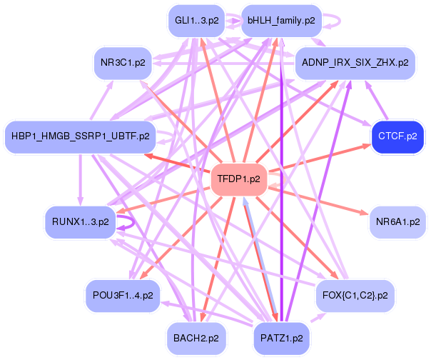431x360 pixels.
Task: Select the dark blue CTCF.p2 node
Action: click(x=396, y=136)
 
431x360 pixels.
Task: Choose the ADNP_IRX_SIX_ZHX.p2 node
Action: click(x=355, y=63)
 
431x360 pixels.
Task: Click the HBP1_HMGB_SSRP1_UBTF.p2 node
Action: click(x=83, y=136)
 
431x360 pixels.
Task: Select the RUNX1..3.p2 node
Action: click(x=81, y=221)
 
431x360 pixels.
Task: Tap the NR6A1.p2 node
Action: click(x=397, y=222)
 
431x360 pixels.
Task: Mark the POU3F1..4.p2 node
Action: click(x=122, y=294)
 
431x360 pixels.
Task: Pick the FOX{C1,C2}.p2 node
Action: click(x=355, y=294)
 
